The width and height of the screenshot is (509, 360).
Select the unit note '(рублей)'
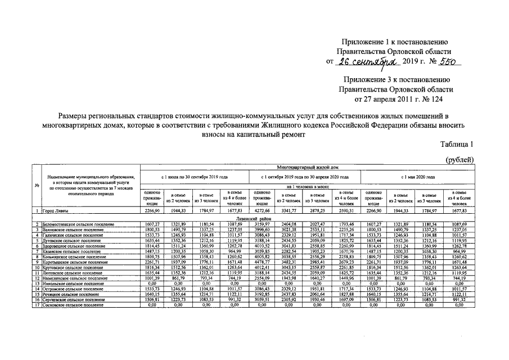click(x=460, y=160)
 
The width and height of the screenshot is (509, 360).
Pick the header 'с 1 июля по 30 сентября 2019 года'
click(x=194, y=177)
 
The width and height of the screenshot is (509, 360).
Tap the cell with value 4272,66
click(x=262, y=211)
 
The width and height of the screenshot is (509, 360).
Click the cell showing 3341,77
click(x=290, y=211)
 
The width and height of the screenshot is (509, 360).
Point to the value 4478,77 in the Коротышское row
click(x=262, y=262)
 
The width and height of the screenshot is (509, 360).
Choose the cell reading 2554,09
click(x=262, y=278)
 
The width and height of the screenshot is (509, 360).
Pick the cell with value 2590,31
click(x=345, y=211)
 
